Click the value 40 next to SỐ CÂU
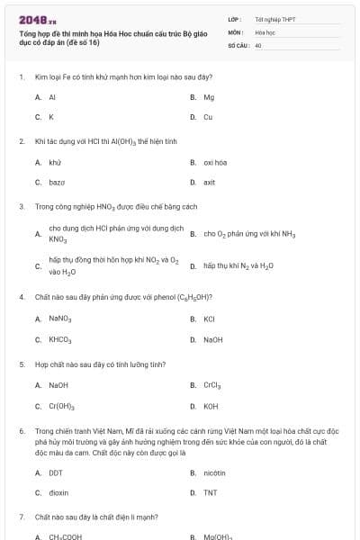tap(258, 44)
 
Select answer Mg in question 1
tap(209, 97)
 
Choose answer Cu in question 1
tap(208, 117)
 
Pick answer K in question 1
tap(51, 117)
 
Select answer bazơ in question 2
tap(56, 182)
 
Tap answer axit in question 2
tap(210, 182)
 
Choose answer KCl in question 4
tap(209, 319)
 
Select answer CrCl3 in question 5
tap(212, 385)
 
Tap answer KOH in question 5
tap(211, 406)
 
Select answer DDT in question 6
tap(56, 472)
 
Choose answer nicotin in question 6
tap(214, 472)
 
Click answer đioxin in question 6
tap(58, 492)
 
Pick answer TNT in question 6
tap(210, 492)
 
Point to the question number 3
tap(21, 206)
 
